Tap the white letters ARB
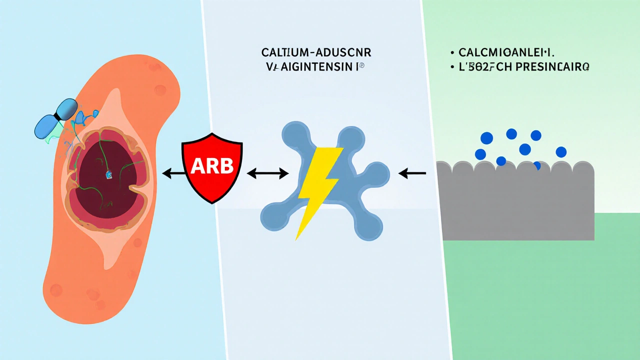tap(212, 166)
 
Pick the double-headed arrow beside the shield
tap(268, 173)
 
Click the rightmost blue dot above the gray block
tap(561, 152)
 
